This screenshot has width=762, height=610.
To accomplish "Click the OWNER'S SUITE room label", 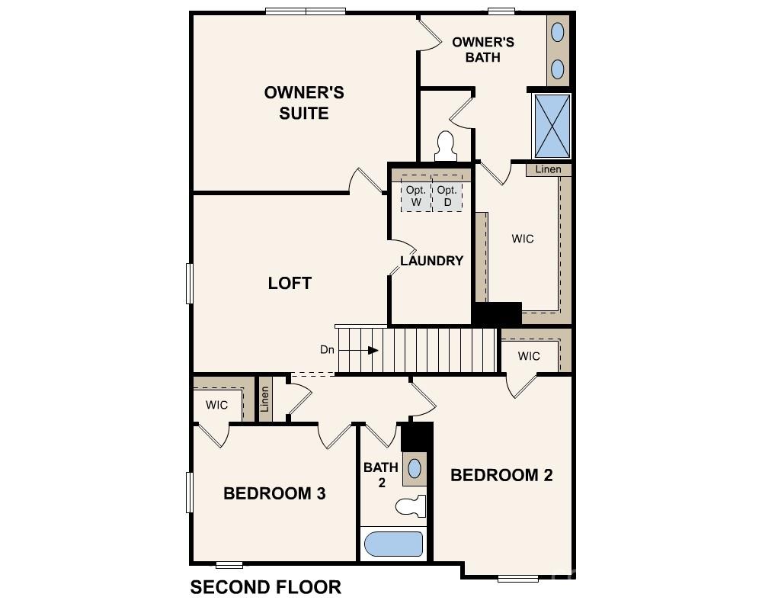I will coord(304,103).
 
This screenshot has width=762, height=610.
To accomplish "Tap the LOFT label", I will coord(290,283).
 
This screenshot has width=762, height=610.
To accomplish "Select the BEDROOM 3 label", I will coord(274,493).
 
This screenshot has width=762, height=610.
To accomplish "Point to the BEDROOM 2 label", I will coord(501,475).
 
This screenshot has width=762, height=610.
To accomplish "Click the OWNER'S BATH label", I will coord(483,49).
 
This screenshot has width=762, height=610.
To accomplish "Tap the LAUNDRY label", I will coord(432,261).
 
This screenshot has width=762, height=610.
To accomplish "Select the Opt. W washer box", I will coord(415,196).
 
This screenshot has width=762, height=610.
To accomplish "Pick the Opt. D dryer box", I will coord(447,196).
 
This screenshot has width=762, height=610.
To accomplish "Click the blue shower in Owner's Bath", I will coord(551,124).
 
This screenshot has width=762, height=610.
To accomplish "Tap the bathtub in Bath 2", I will coord(393,544).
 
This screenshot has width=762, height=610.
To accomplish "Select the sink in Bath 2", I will coord(415,468).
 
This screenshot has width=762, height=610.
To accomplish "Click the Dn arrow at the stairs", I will coord(372,350).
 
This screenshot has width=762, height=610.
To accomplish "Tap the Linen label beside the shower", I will coord(548,169).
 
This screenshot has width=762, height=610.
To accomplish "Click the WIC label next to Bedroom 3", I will coord(216,405).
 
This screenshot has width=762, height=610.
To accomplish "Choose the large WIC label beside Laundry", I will coord(523,239).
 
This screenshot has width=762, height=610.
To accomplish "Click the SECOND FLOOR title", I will coord(265,587).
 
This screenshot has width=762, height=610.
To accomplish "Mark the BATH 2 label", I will coord(381,474).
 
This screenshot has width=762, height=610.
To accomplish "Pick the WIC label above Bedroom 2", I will coord(529,356).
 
